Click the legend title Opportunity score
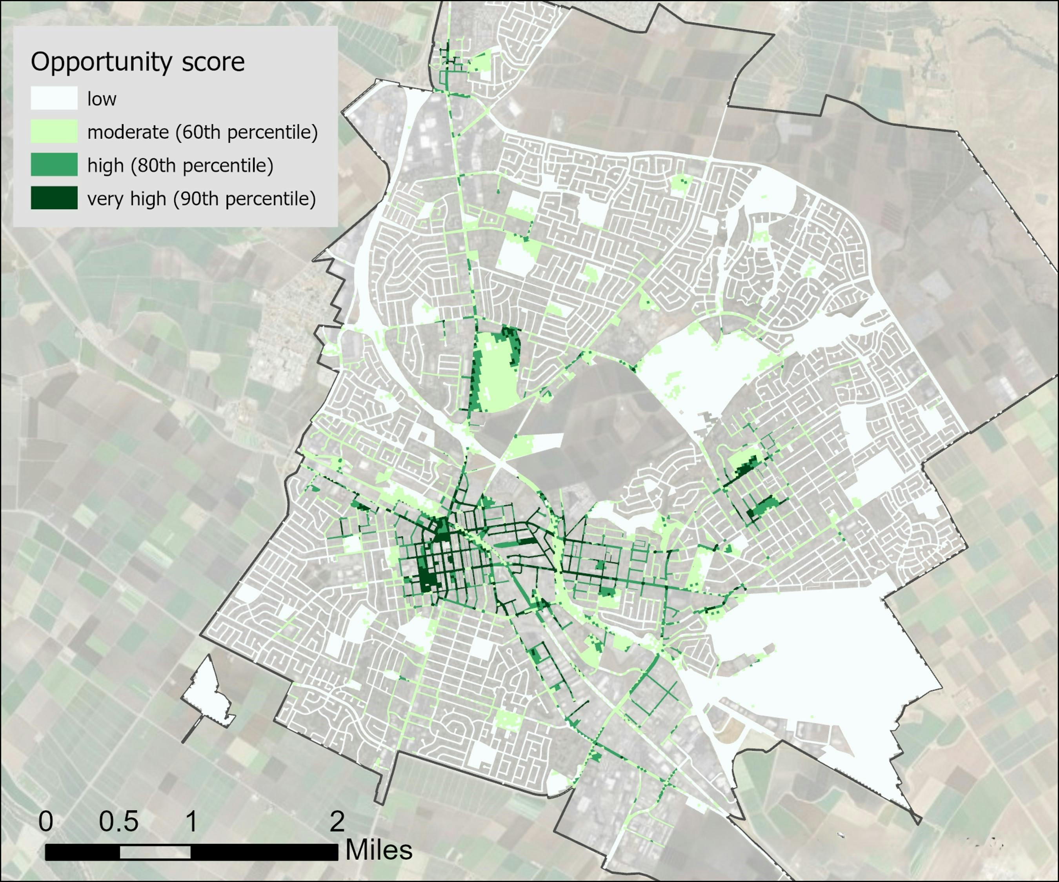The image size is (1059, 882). pos(138,62)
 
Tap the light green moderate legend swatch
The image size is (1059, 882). pos(54,132)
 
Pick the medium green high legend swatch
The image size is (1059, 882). pos(54,165)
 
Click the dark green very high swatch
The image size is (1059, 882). pos(54,198)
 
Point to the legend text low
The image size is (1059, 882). pos(102,99)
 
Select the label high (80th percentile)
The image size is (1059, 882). pos(180,165)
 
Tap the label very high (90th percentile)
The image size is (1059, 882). pos(201,199)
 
